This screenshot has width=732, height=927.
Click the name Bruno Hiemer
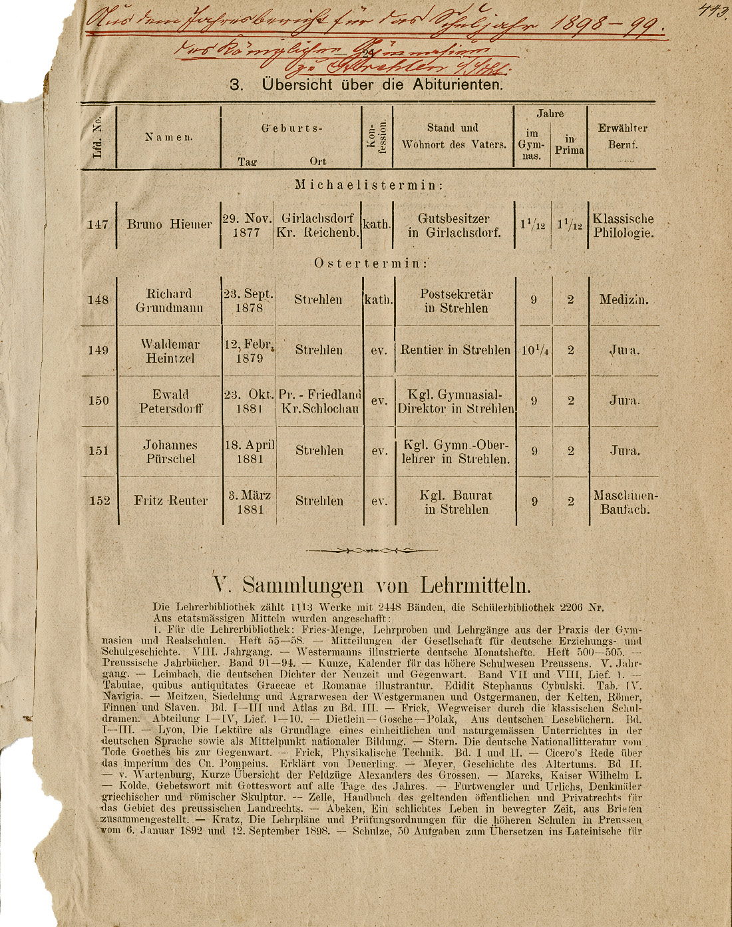[169, 225]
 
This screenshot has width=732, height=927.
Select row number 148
[98, 300]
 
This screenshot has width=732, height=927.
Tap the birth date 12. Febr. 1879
[249, 351]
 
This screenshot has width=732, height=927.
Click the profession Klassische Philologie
[623, 226]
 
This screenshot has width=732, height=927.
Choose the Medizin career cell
[624, 300]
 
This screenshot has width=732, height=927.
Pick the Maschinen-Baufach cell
[625, 503]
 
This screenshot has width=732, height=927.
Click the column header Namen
[169, 137]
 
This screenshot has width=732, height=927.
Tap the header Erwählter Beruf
[622, 136]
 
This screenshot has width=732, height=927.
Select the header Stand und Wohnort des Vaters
[453, 136]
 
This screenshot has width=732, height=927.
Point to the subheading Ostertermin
[371, 264]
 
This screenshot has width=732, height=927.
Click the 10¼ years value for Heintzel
[534, 350]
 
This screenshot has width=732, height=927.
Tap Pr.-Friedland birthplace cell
[319, 401]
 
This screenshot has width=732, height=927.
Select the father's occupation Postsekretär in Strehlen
[456, 301]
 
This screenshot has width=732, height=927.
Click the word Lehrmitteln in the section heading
[476, 585]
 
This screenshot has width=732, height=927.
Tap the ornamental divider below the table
[371, 550]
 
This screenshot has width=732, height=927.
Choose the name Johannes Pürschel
[170, 451]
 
